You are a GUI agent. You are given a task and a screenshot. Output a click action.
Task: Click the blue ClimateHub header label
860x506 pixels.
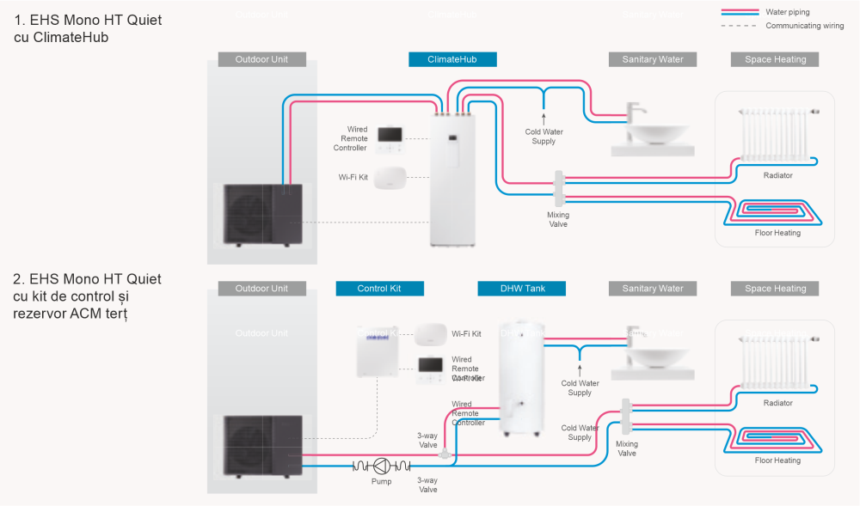(452, 59)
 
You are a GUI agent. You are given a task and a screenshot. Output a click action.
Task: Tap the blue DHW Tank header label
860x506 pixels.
(521, 289)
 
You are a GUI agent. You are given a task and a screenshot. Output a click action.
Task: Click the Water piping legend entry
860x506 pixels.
(787, 12)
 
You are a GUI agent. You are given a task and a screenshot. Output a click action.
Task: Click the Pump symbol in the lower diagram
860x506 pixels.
(381, 466)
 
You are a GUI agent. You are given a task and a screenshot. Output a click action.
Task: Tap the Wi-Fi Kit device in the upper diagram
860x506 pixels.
(390, 177)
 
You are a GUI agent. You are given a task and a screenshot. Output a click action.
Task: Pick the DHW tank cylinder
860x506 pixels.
(523, 382)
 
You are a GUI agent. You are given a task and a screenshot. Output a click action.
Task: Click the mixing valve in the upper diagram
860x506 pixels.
(558, 187)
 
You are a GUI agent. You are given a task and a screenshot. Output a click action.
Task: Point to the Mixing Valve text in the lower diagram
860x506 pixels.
(627, 448)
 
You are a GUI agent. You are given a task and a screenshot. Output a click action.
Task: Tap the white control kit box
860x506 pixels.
(378, 352)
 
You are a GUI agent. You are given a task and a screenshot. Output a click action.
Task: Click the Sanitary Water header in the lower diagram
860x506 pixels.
(653, 289)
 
